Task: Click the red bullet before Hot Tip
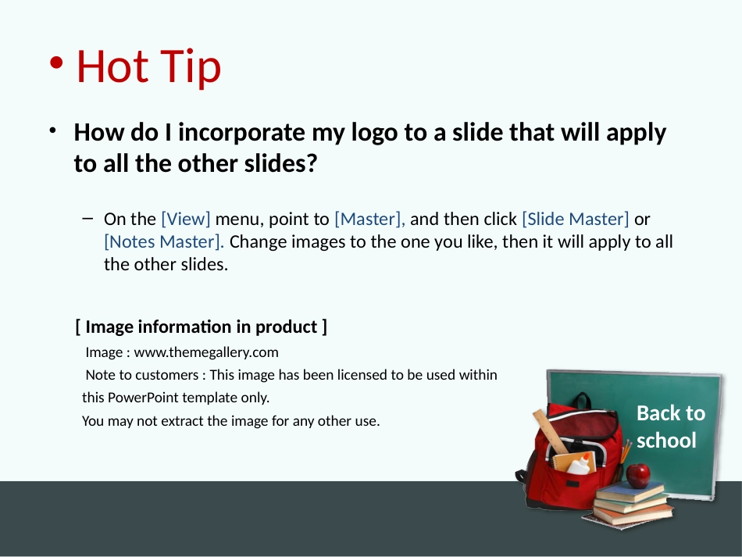56,63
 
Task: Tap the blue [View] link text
186,219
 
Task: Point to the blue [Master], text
369,219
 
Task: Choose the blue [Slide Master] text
576,219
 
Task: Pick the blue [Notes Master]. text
164,242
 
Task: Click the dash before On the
87,218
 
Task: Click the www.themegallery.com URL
206,352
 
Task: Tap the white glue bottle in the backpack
580,464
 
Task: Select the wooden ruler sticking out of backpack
551,431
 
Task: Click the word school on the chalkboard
666,441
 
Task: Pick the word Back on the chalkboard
656,413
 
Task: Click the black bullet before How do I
53,130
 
